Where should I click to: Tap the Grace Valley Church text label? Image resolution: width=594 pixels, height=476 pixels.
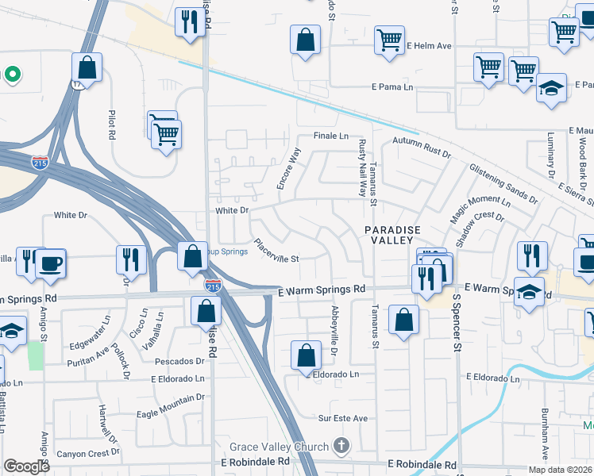[279, 447]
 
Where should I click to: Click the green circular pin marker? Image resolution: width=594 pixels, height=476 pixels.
[12, 75]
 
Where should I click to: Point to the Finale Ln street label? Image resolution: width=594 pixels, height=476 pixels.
[331, 136]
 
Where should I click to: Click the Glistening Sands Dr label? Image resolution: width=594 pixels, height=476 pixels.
[503, 182]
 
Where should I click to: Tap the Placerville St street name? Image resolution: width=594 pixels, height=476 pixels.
[276, 251]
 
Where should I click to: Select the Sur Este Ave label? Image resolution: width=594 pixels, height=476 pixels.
[343, 418]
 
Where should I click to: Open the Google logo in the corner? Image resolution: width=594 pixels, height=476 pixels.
[27, 466]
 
